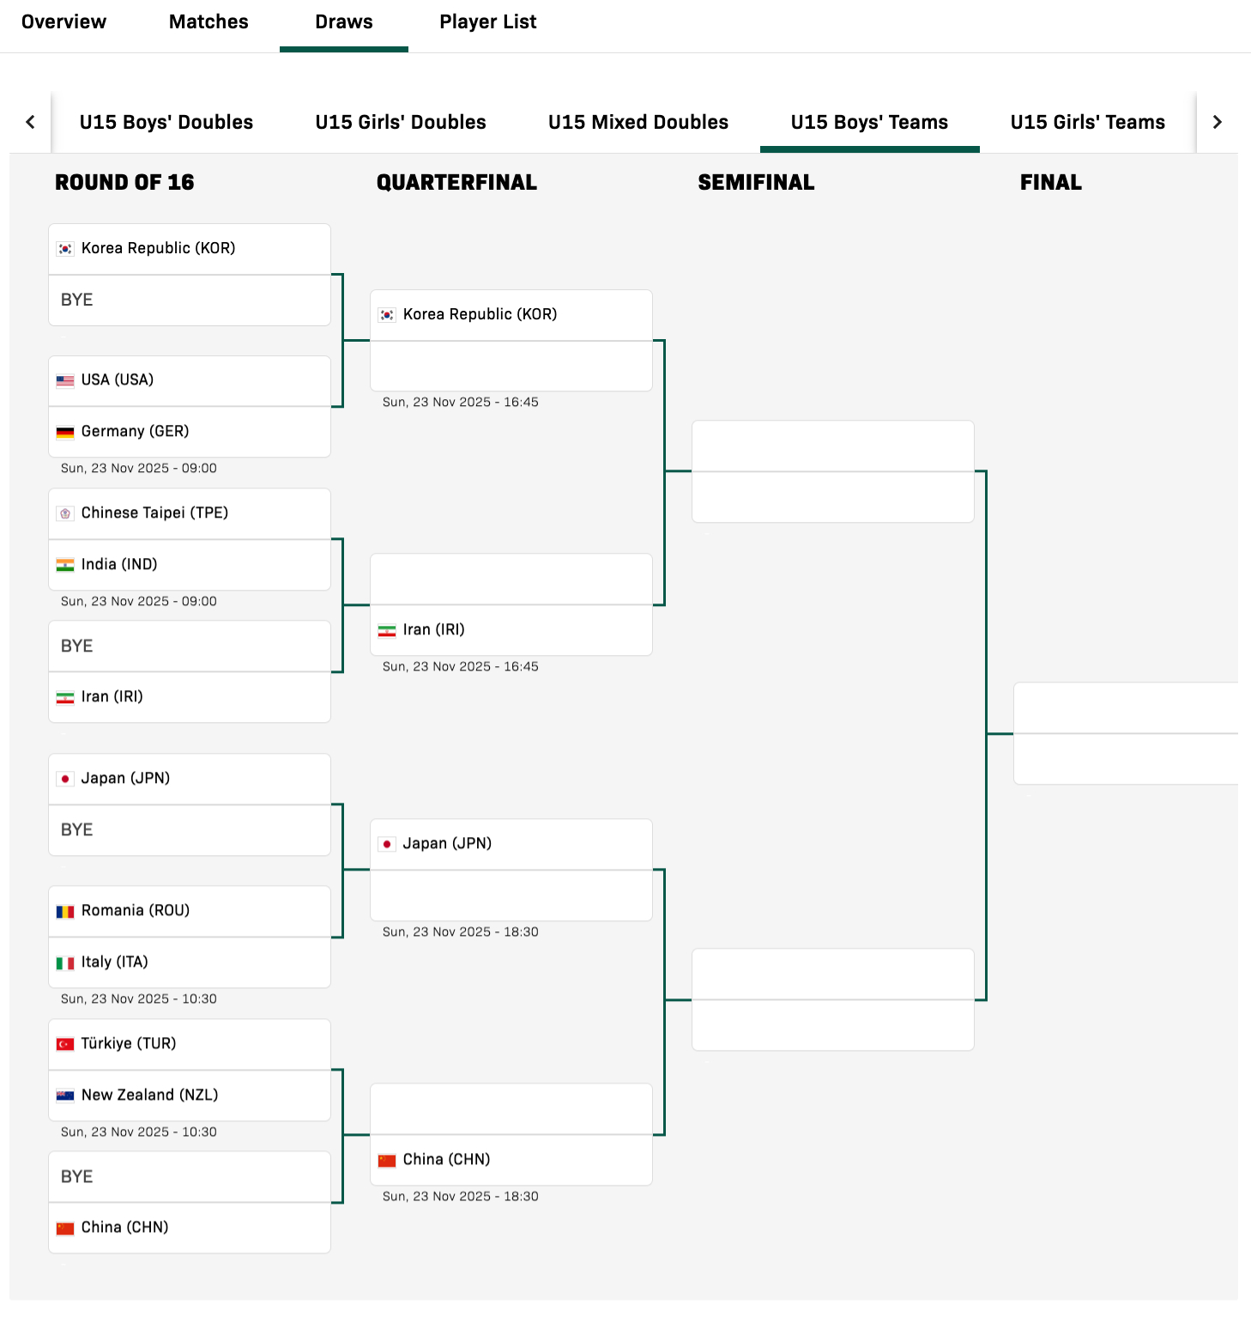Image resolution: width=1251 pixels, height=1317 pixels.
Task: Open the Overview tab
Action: coord(63,21)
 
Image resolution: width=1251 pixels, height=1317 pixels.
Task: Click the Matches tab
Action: coord(208,21)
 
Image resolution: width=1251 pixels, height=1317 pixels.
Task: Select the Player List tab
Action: coord(488,21)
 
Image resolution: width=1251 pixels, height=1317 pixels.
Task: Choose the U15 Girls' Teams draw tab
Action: coord(1088,122)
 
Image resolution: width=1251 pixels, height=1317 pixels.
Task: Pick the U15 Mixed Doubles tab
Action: coord(638,122)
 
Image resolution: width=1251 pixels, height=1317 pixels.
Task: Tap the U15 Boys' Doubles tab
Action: coord(166,122)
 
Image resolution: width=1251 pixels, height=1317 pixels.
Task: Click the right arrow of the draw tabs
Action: coord(1217,122)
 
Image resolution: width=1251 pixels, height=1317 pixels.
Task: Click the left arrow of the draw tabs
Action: coord(31,122)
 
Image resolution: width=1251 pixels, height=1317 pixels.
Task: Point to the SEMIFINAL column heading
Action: coord(756,182)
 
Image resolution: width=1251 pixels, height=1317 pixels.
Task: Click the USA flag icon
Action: coord(65,380)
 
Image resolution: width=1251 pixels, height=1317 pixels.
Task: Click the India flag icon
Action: coord(65,565)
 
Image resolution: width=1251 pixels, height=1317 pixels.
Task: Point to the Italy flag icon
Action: coord(65,963)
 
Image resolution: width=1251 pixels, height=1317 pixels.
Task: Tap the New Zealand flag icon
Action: coord(65,1095)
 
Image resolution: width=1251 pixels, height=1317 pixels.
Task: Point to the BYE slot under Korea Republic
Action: coord(190,300)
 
